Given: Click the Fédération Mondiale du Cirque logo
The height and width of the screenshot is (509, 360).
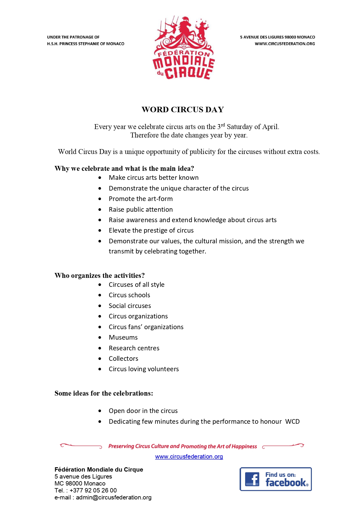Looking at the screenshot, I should coord(183,48).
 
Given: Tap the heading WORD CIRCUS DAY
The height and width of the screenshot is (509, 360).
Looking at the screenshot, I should coord(182,110).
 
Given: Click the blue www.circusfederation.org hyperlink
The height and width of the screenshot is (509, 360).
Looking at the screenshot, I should coord(189,457).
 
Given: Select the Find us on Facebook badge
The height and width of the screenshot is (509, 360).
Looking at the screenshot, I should coord(275,479).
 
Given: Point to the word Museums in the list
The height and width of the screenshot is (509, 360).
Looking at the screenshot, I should coord(123,337).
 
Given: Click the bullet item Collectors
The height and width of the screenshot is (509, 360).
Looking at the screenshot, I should coord(123,358).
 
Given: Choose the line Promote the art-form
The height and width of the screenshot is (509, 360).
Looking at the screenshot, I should coord(140,199).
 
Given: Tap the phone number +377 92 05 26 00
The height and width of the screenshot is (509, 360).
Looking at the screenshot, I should coord(93,490).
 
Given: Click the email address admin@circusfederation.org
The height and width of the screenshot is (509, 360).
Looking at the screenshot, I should coord(113,497).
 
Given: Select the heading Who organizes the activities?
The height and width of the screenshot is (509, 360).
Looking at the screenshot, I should coord(100,275).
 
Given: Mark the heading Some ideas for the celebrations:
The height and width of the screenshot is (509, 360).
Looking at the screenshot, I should coord(104,393).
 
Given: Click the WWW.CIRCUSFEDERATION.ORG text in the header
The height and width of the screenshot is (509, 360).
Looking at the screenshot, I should coord(285,44).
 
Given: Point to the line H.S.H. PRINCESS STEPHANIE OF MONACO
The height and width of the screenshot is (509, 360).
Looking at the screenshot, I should coord(86,44).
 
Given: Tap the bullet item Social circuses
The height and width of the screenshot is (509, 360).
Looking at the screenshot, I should coord(130,306).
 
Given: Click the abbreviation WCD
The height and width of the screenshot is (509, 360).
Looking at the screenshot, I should coord(292,421).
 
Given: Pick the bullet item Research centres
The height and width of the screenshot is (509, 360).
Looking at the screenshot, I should coord(134,348).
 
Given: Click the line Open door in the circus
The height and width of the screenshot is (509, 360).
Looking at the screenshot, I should coord(143,411).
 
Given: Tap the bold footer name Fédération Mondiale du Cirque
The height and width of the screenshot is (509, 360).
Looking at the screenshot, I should coord(99,470).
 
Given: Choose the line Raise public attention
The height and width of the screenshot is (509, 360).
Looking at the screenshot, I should coord(140,209).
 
